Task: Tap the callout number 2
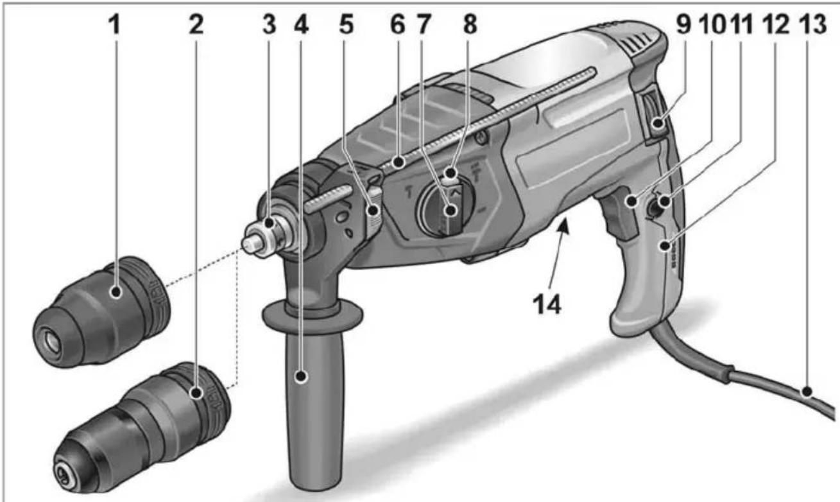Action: point(196,25)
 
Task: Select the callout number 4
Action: point(301,25)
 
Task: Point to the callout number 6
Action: point(398,25)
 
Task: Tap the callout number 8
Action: point(470,25)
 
